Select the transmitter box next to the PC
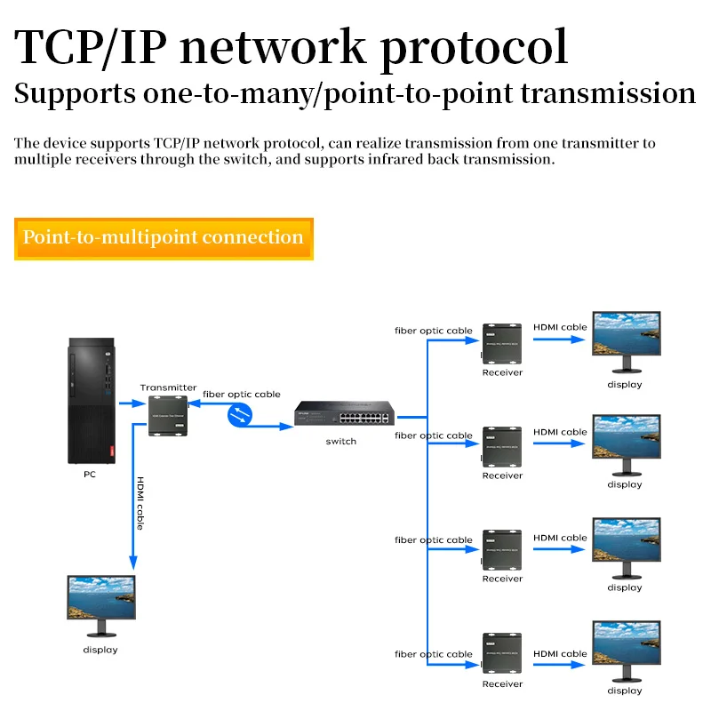(x=169, y=416)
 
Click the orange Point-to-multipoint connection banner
(x=164, y=237)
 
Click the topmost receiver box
(x=502, y=343)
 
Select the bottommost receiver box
(x=502, y=654)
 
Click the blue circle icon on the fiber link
(x=240, y=414)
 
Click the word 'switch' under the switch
(x=341, y=442)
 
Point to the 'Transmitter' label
(x=168, y=387)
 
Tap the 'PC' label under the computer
(x=90, y=475)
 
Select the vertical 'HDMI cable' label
(x=140, y=504)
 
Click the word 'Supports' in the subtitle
(x=75, y=93)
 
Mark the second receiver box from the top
(x=502, y=446)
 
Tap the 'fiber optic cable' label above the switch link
(x=242, y=394)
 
